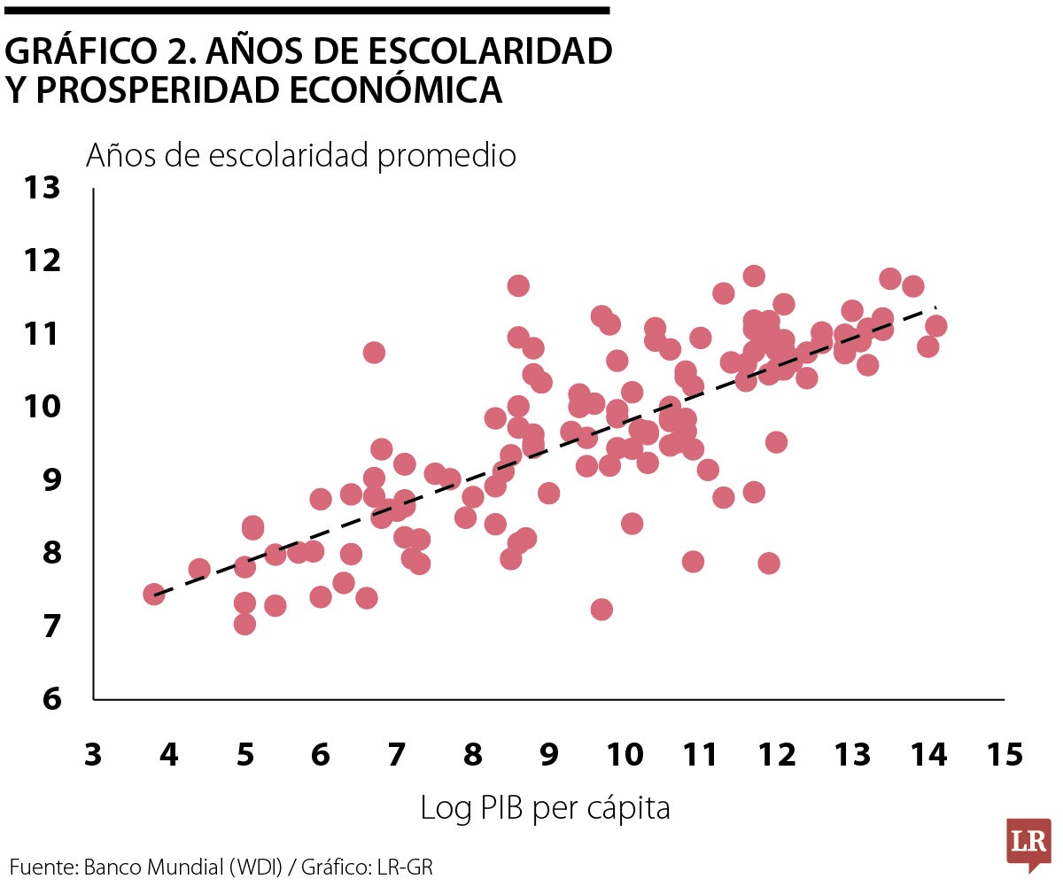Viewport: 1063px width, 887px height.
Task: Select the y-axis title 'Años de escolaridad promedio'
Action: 300,156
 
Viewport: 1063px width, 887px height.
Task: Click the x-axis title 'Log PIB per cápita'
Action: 545,808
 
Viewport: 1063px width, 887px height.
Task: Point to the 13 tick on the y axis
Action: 43,188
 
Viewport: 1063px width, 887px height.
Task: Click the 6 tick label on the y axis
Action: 50,699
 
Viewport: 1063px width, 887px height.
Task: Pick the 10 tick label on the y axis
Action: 43,408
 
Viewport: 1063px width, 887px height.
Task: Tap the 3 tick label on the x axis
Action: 92,755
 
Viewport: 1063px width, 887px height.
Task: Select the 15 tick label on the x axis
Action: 1004,755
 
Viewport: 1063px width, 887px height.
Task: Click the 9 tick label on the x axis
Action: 548,755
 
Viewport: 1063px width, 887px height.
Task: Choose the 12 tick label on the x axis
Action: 776,755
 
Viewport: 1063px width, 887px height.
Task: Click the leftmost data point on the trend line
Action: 153,594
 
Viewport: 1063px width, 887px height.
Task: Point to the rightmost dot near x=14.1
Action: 935,326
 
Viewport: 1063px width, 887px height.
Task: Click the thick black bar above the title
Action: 306,11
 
